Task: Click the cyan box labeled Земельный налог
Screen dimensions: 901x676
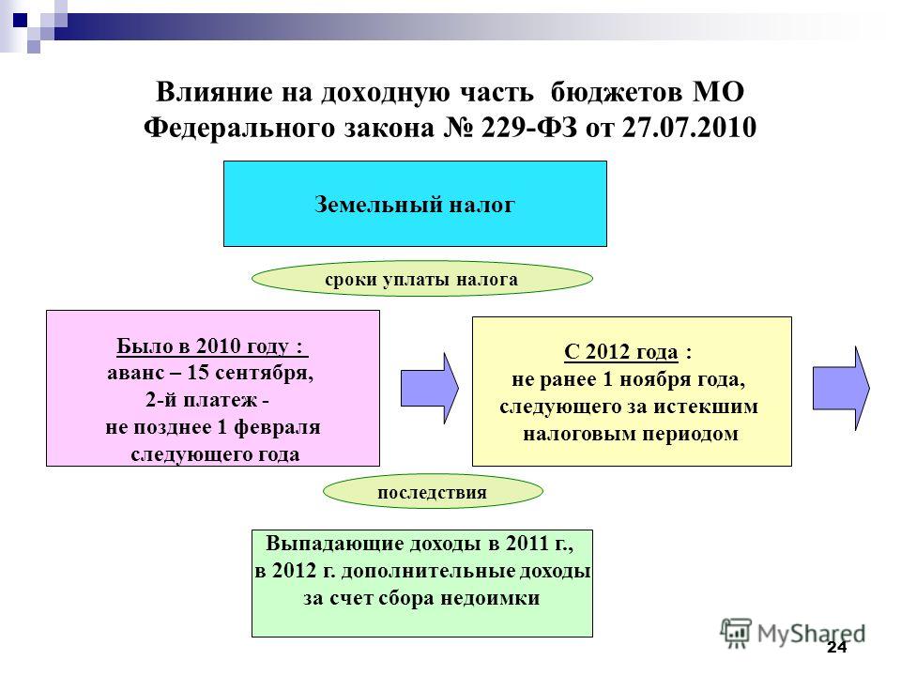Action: click(415, 204)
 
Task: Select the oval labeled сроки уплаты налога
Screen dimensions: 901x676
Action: click(422, 279)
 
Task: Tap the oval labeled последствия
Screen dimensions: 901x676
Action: click(433, 491)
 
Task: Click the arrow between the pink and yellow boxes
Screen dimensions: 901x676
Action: click(429, 389)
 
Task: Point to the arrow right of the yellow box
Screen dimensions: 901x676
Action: click(841, 389)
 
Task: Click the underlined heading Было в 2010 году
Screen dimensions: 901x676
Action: click(212, 346)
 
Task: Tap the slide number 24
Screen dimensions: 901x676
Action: click(836, 648)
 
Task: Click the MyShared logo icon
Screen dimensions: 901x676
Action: click(736, 634)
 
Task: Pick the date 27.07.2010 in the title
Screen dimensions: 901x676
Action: click(689, 127)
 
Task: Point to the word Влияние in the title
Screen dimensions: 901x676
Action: click(214, 91)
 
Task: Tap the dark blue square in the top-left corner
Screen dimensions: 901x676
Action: click(20, 21)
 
